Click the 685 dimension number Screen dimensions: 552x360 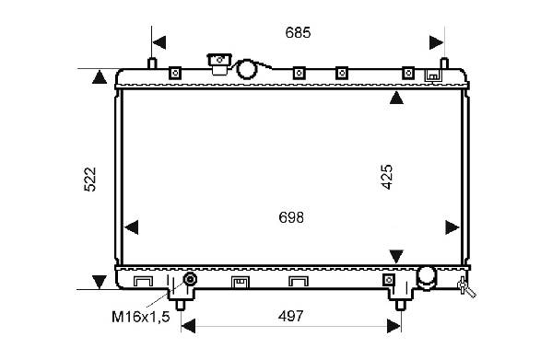tap(298, 33)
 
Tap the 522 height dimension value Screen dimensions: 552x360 tap(90, 180)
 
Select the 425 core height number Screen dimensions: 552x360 tap(387, 177)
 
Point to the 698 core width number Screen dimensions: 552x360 tap(291, 217)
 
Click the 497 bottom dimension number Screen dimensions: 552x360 tap(290, 316)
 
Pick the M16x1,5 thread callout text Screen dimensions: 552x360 tap(141, 317)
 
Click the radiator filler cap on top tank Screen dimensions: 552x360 tap(219, 64)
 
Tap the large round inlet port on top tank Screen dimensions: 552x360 tap(246, 69)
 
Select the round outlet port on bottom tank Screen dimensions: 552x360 tap(427, 277)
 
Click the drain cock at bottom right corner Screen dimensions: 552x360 tap(465, 287)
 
